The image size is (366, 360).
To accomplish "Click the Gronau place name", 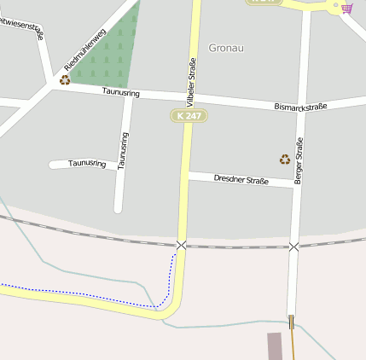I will (226, 48).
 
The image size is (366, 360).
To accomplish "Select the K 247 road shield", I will (189, 115).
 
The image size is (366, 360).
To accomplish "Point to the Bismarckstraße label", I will (301, 107).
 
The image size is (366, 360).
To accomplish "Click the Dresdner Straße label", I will (241, 179).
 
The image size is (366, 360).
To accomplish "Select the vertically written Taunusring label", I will (124, 150).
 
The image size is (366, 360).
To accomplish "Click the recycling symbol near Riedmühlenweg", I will (65, 80).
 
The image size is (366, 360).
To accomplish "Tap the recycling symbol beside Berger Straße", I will (285, 159).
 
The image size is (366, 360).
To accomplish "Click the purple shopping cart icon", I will (347, 9).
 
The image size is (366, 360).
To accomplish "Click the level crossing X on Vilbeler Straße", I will (181, 245).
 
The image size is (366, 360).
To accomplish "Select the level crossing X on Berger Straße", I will (294, 247).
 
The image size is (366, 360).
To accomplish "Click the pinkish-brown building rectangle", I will (275, 345).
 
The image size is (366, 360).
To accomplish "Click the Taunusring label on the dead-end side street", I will (87, 162).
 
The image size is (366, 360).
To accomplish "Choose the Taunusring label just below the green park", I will (120, 91).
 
